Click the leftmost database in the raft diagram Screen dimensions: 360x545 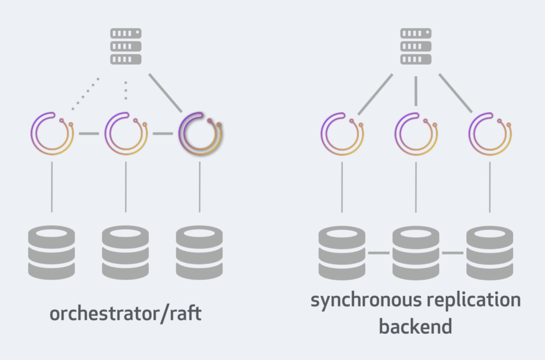51,252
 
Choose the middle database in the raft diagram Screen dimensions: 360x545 126,252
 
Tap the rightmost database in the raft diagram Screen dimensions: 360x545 200,252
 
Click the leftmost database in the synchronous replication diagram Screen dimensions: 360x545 342,252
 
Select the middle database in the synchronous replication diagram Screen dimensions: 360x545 416,252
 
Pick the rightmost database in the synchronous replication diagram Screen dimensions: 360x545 489,252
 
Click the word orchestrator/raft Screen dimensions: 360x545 126,314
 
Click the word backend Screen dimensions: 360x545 415,327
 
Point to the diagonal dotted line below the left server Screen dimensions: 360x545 86,94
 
